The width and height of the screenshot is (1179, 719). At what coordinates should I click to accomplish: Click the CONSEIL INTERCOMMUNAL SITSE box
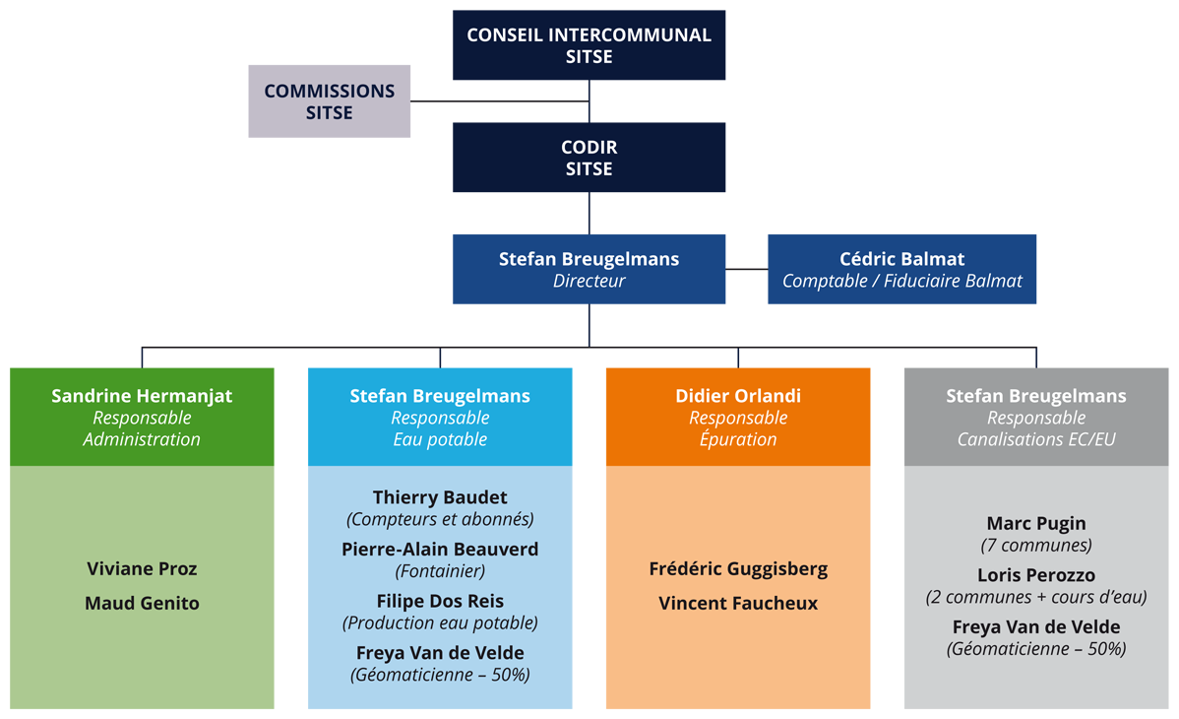(589, 45)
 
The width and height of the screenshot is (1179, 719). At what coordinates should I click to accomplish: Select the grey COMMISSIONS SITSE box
(329, 101)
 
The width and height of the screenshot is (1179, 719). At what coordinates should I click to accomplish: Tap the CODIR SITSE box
(589, 158)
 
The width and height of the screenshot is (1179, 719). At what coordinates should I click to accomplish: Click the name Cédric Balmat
(901, 259)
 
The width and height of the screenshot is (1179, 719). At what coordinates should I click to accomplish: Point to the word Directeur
(589, 281)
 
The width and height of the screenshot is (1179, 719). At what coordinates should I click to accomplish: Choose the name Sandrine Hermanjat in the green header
(142, 396)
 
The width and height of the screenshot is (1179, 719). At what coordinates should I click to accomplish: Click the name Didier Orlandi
(738, 396)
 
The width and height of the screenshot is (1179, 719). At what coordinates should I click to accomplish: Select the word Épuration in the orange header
(738, 439)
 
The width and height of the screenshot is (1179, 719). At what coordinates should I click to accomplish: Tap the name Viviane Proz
(142, 569)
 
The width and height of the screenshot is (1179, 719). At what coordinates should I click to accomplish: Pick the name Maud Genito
(142, 603)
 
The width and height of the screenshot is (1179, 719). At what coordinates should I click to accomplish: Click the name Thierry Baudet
(440, 497)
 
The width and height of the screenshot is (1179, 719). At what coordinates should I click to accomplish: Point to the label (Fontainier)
(440, 570)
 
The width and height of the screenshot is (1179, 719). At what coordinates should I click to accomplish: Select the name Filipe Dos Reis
(440, 601)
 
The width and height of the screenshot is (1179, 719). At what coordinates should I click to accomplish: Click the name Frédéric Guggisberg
(738, 569)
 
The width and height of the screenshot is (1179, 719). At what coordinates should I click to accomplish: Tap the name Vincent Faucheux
(738, 603)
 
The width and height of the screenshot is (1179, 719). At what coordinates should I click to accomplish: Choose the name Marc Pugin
(1036, 524)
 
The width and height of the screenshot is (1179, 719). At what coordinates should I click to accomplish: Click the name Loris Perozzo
(1036, 575)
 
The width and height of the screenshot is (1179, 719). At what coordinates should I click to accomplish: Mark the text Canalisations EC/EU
(1036, 439)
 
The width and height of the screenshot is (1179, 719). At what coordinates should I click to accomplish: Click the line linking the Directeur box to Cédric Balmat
(747, 268)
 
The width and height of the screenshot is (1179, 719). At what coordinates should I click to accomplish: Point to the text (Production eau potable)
(440, 622)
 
